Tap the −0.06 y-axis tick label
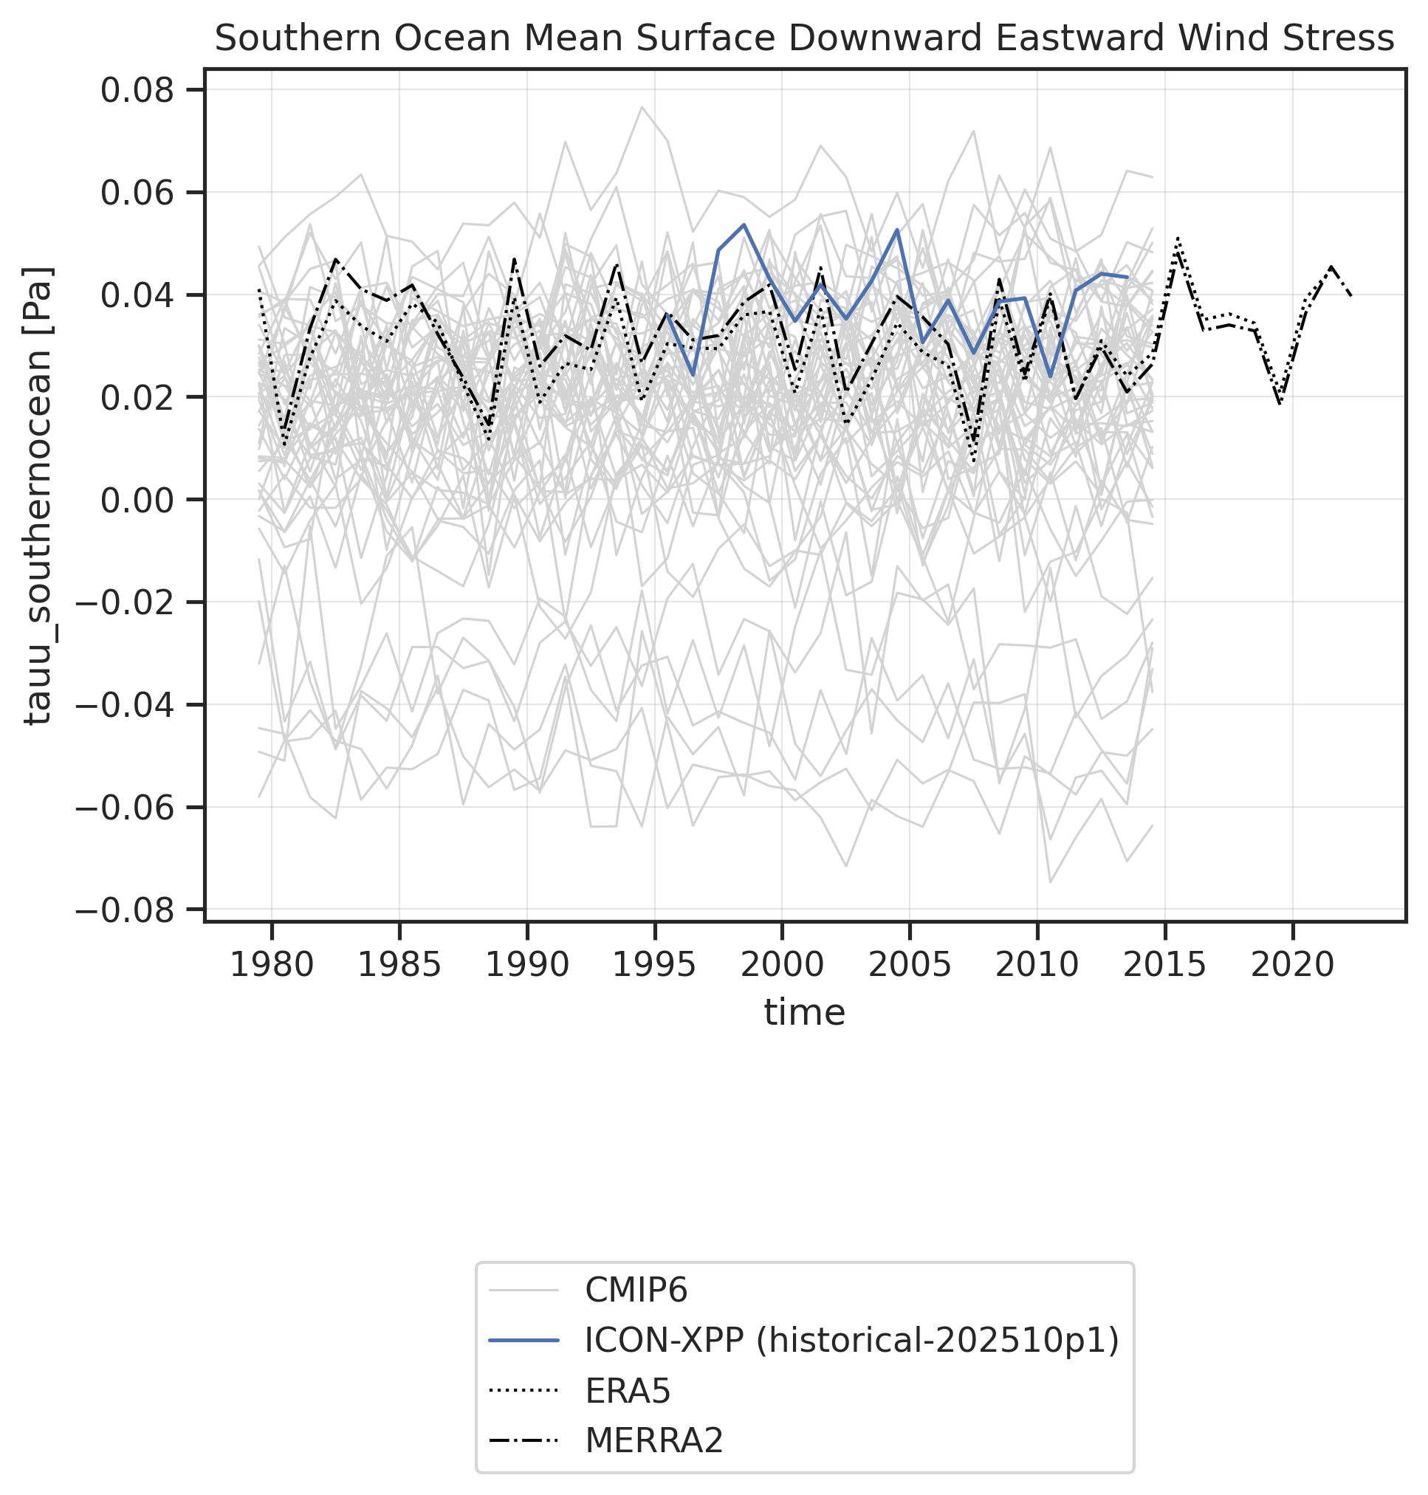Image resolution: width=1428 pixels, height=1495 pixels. click(x=134, y=807)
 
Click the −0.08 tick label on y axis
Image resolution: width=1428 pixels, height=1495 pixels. click(x=134, y=910)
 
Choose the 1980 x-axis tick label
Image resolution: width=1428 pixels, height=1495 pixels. click(x=272, y=966)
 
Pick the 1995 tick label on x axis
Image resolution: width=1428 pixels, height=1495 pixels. click(x=655, y=966)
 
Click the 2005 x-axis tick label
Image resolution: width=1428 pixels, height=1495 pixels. click(x=910, y=966)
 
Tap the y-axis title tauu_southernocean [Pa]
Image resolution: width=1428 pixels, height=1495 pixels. click(x=38, y=495)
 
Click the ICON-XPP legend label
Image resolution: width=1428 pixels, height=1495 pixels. click(x=852, y=1340)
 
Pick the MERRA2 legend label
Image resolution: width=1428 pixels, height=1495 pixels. click(x=654, y=1440)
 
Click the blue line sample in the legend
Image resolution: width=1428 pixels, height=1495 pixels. click(x=524, y=1340)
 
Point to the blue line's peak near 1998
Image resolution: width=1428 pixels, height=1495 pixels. click(x=744, y=224)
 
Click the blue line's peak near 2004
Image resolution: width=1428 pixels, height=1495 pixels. click(x=896, y=230)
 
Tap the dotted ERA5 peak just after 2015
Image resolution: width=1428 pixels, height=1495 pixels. click(x=1178, y=239)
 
